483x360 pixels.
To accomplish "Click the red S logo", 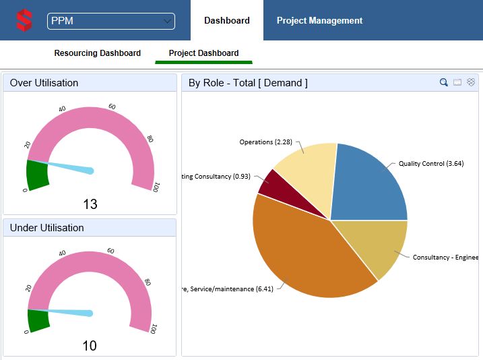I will [24, 20].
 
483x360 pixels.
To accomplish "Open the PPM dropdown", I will [111, 21].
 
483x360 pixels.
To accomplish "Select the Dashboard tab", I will [227, 21].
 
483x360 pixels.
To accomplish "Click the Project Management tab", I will [319, 21].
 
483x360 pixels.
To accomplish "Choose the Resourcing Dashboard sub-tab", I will [98, 53].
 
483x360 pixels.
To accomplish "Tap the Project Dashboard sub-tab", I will [203, 53].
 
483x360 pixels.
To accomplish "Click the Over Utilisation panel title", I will [44, 83].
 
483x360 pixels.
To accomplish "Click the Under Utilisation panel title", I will [47, 228].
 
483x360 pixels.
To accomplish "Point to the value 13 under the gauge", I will [90, 204].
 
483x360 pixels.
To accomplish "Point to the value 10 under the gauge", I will [90, 346].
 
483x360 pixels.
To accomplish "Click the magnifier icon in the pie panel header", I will [444, 82].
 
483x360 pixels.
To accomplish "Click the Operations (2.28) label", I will [265, 142].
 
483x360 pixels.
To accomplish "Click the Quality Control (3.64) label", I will [430, 163].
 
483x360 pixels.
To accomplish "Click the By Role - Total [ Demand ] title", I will [248, 83].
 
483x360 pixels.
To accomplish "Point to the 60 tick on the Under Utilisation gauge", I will [112, 251].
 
